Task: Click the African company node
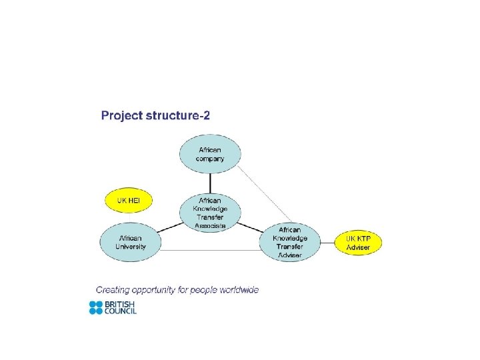pyautogui.click(x=210, y=154)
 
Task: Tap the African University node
pyautogui.click(x=130, y=242)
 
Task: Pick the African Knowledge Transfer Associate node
pyautogui.click(x=210, y=213)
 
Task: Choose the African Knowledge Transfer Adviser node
pyautogui.click(x=290, y=242)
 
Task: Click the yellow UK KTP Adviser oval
pyautogui.click(x=357, y=243)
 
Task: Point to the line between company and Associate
pyautogui.click(x=210, y=183)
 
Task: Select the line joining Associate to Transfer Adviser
pyautogui.click(x=250, y=227)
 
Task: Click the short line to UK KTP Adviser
pyautogui.click(x=328, y=243)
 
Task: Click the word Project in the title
pyautogui.click(x=121, y=116)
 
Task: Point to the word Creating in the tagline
pyautogui.click(x=115, y=290)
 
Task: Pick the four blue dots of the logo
pyautogui.click(x=96, y=307)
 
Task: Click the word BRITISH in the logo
pyautogui.click(x=120, y=304)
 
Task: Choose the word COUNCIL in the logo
pyautogui.click(x=121, y=311)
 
